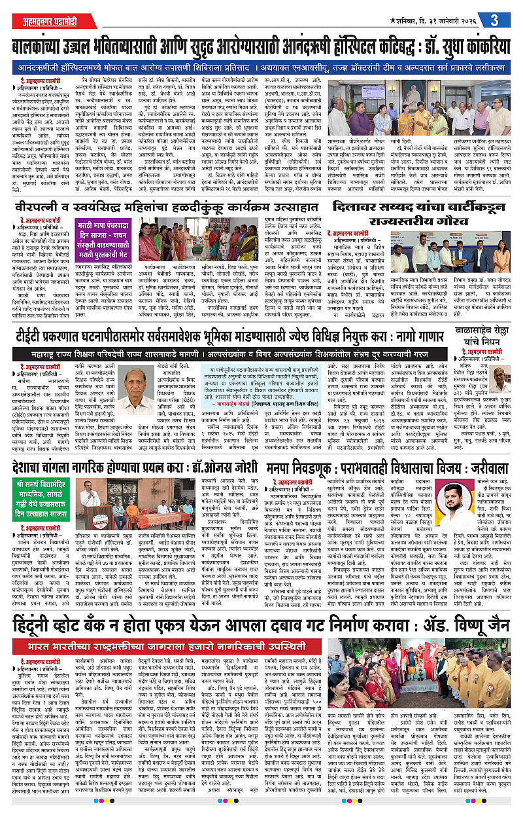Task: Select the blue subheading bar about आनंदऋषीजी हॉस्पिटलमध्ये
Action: [x=261, y=68]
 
